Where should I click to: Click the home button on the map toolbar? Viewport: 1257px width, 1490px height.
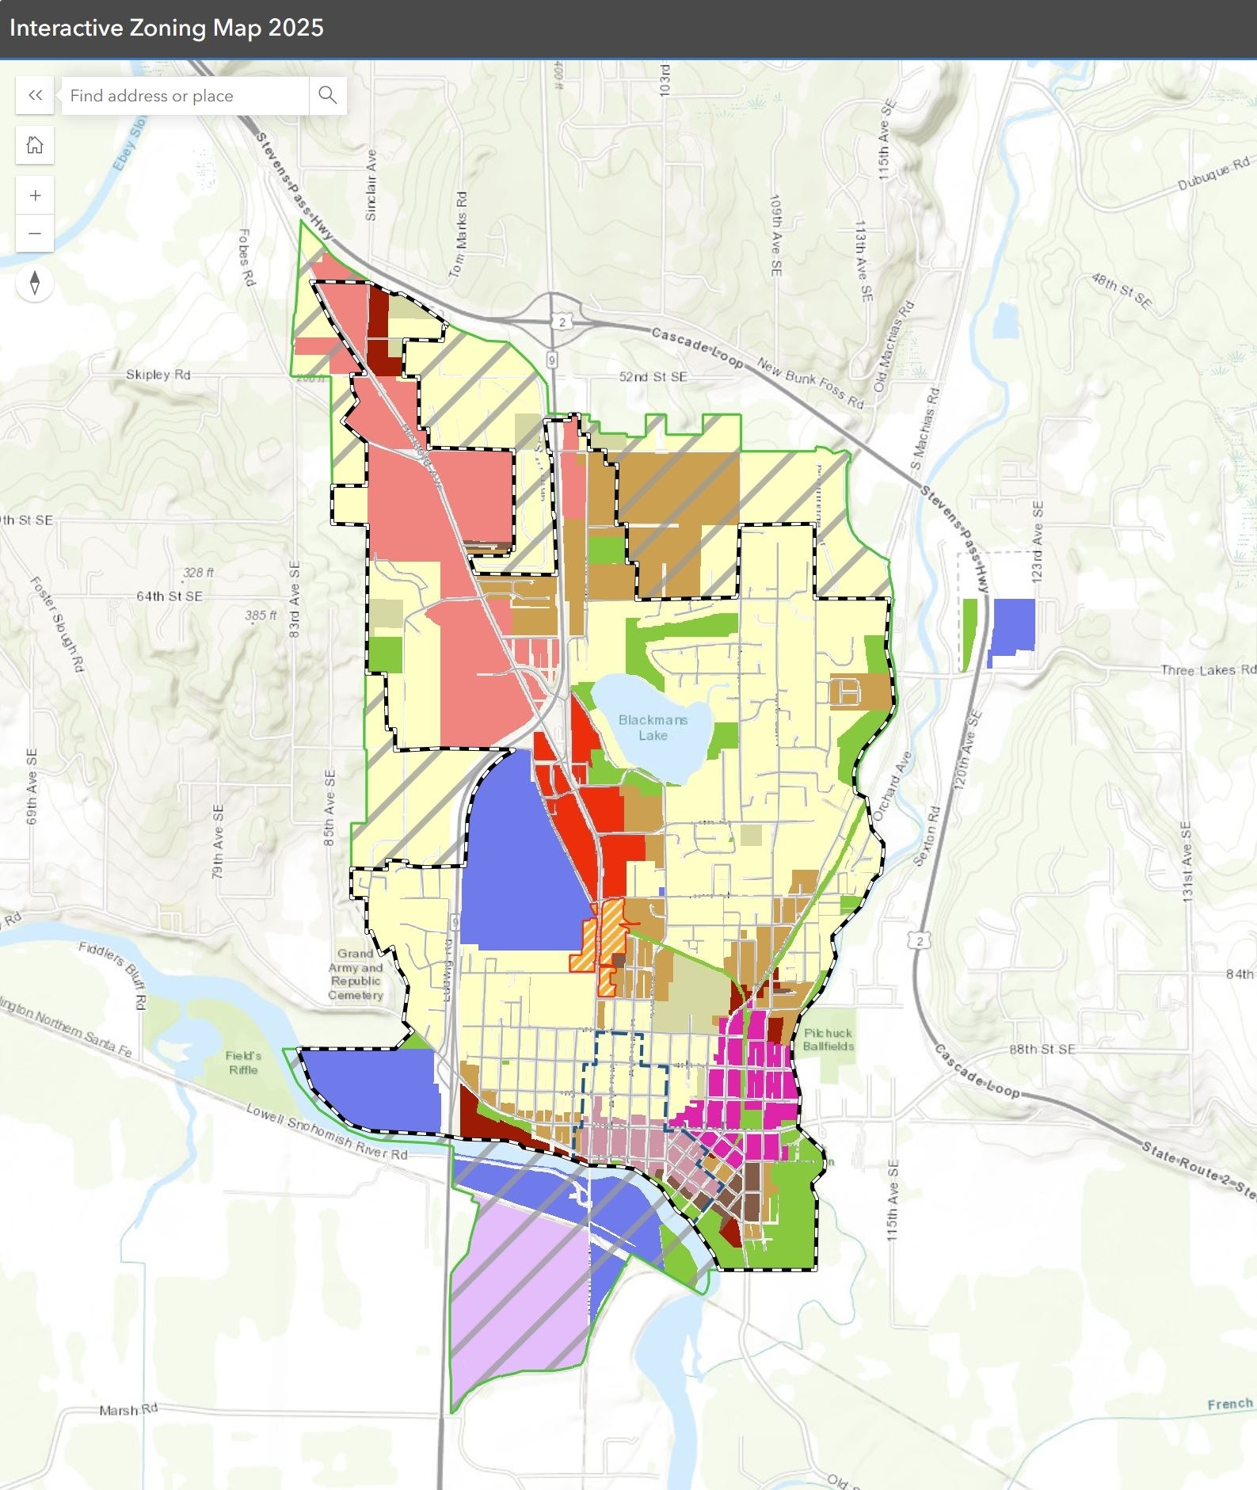tap(35, 145)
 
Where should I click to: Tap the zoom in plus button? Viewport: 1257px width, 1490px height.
tap(35, 196)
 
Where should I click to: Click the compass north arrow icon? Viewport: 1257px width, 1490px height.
tap(35, 283)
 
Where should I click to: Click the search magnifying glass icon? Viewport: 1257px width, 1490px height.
tap(327, 96)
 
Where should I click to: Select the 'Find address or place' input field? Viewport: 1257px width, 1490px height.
tap(185, 96)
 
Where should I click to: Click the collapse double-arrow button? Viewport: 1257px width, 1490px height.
tap(35, 96)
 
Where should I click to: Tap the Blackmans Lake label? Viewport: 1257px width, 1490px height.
tap(653, 727)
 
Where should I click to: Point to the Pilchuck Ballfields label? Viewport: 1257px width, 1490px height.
tap(828, 1039)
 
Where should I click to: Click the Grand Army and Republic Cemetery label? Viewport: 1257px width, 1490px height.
tap(356, 974)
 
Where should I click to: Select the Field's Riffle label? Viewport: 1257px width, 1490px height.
tap(243, 1062)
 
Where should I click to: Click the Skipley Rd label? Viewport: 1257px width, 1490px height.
tap(158, 375)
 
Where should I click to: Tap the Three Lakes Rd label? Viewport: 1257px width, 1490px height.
tap(1207, 670)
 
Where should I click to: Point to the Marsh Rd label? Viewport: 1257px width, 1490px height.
tap(128, 1410)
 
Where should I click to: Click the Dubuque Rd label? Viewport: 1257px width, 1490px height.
tap(1213, 173)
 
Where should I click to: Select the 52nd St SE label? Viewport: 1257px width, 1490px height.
tap(653, 377)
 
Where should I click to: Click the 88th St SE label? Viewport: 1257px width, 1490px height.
tap(1042, 1049)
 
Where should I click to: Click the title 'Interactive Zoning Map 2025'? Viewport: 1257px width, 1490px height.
tap(166, 28)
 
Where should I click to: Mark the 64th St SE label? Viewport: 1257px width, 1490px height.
tap(170, 596)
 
